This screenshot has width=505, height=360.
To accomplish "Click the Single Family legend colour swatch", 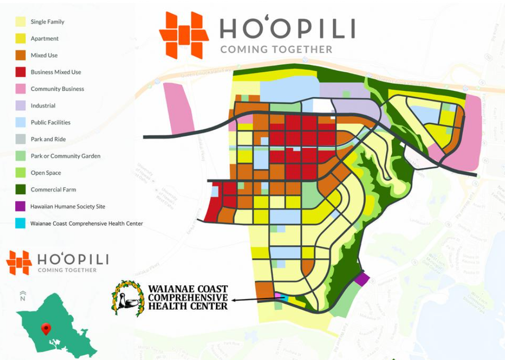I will pyautogui.click(x=21, y=22).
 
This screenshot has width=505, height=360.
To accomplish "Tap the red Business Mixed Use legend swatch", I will pyautogui.click(x=21, y=72).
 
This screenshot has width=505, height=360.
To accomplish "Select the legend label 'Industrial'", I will pyautogui.click(x=43, y=106).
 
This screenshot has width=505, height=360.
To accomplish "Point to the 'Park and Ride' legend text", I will pyautogui.click(x=48, y=139).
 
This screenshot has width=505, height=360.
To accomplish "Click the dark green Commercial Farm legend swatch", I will pyautogui.click(x=21, y=190).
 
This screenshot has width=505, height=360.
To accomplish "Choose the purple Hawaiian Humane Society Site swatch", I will pyautogui.click(x=21, y=207).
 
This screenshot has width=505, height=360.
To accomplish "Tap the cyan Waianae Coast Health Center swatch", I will pyautogui.click(x=21, y=223).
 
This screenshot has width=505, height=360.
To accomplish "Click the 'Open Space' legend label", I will pyautogui.click(x=45, y=173).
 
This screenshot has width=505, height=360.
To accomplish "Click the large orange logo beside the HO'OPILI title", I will pyautogui.click(x=184, y=35).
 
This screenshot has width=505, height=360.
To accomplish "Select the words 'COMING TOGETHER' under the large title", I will pyautogui.click(x=276, y=49).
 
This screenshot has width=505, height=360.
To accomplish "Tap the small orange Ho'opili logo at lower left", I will pyautogui.click(x=19, y=262).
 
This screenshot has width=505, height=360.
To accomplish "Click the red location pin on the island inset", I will pyautogui.click(x=46, y=328).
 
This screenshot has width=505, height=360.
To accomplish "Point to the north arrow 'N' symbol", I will pyautogui.click(x=22, y=296).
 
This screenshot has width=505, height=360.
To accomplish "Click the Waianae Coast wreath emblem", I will pyautogui.click(x=128, y=298).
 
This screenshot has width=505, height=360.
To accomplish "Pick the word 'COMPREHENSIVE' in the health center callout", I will pyautogui.click(x=188, y=297).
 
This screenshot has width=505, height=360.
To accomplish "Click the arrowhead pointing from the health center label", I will pyautogui.click(x=234, y=300).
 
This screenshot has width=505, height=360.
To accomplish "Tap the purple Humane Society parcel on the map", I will pyautogui.click(x=362, y=279).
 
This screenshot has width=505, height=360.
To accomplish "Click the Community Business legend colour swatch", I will pyautogui.click(x=21, y=89).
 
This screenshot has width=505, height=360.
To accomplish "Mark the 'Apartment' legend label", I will pyautogui.click(x=44, y=39).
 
